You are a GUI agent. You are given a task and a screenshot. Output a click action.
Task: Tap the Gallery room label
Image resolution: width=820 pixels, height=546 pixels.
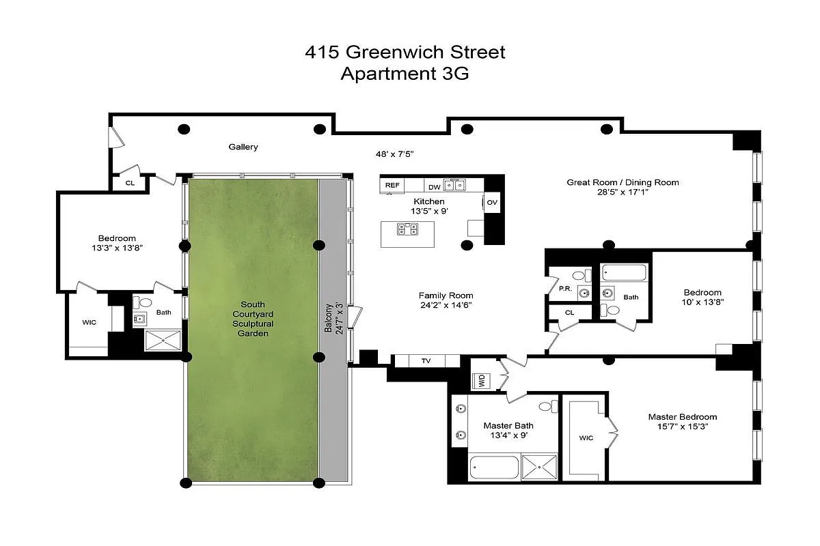(243, 147)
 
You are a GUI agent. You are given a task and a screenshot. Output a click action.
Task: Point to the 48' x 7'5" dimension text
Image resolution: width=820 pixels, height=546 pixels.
(395, 154)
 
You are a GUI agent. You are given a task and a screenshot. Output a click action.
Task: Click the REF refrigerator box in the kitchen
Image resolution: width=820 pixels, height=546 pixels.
(392, 185)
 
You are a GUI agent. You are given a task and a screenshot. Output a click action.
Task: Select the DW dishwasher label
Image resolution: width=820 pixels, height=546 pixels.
(435, 186)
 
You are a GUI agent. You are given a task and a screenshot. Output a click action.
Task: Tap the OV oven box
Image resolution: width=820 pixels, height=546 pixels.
(493, 202)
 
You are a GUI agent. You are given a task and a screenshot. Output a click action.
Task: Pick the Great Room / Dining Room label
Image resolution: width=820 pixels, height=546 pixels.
(623, 182)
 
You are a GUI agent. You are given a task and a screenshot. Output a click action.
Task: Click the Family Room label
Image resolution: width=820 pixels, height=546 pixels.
(446, 296)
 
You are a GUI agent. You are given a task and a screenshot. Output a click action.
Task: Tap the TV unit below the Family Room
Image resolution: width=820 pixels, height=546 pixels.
(426, 360)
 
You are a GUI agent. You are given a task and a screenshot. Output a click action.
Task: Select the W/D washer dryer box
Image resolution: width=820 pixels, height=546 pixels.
(481, 381)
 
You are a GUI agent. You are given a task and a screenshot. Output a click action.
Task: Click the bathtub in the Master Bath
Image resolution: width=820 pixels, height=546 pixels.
(494, 469)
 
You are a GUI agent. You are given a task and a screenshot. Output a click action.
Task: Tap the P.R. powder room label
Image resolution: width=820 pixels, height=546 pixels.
(564, 289)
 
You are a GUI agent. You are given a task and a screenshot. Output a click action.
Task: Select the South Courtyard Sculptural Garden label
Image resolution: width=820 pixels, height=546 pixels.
(253, 319)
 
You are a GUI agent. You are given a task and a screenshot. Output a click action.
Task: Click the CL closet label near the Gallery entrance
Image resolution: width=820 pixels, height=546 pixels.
(130, 183)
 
